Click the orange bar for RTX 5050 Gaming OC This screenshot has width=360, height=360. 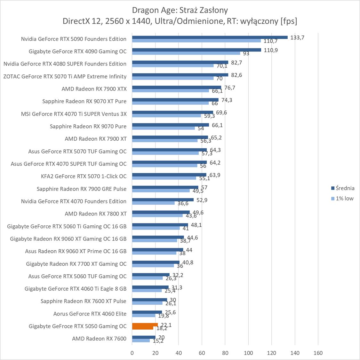[x=145, y=325]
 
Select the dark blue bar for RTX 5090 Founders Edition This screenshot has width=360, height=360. [x=210, y=37]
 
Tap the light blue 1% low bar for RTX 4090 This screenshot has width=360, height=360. [x=186, y=53]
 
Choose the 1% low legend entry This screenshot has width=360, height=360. [x=344, y=199]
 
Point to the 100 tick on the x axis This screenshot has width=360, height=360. [x=248, y=353]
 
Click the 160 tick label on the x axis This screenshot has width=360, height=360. [x=318, y=353]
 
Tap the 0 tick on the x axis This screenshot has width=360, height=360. [x=132, y=353]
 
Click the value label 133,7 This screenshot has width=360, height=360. [x=297, y=37]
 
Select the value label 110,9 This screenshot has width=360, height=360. [x=271, y=50]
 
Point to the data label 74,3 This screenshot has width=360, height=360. [x=227, y=100]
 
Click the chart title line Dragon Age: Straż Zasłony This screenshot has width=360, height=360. [x=180, y=10]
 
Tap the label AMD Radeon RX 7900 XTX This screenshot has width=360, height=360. [x=94, y=89]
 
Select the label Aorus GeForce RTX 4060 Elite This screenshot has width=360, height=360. [x=90, y=314]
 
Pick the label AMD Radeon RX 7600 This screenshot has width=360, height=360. [x=99, y=339]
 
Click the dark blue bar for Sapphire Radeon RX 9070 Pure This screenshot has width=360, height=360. [x=170, y=125]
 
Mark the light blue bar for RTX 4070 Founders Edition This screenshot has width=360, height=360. [x=153, y=203]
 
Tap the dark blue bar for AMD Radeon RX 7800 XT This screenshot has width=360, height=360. [x=161, y=212]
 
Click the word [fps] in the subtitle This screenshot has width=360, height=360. [x=288, y=21]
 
